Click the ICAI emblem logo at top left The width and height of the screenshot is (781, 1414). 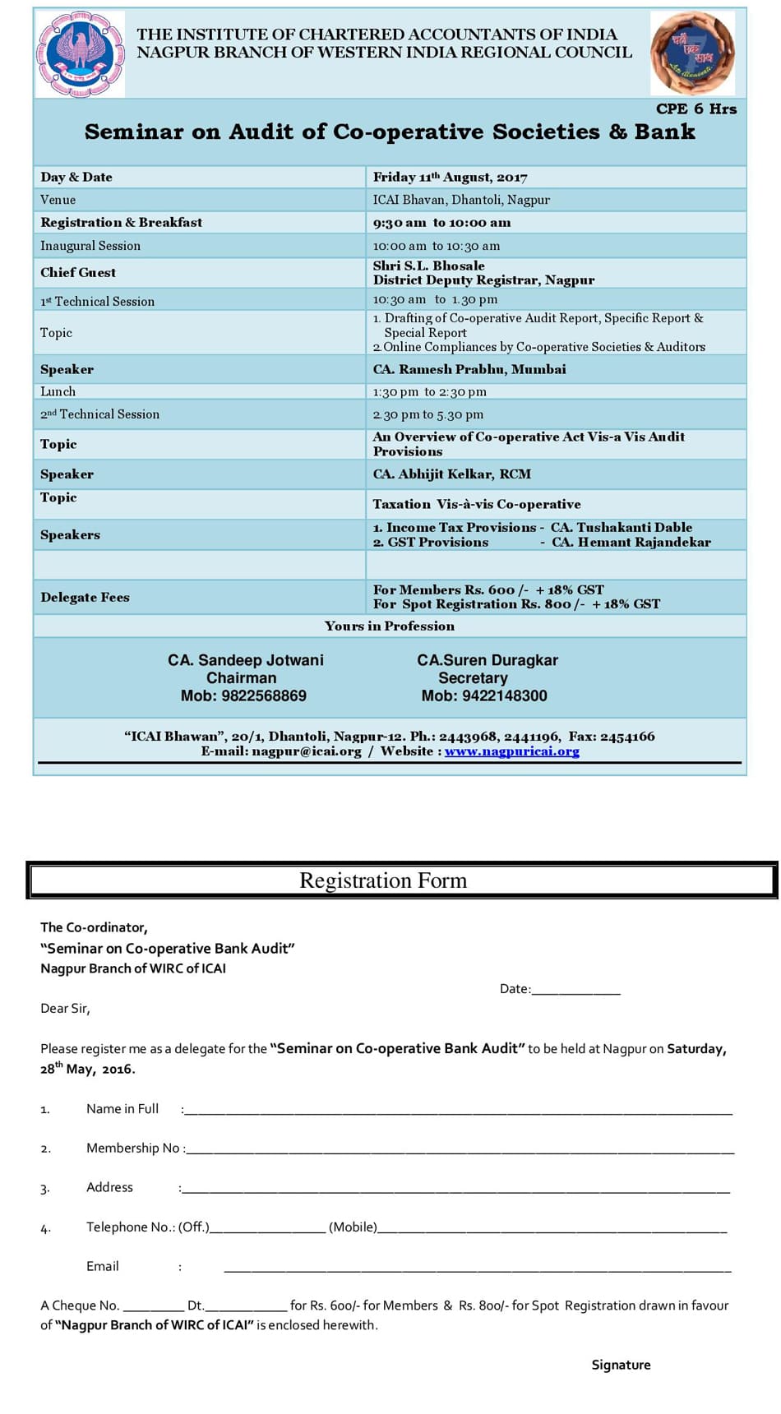pyautogui.click(x=80, y=54)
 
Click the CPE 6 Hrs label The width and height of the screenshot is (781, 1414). pyautogui.click(x=696, y=109)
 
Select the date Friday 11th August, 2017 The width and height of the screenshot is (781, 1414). pyautogui.click(x=450, y=178)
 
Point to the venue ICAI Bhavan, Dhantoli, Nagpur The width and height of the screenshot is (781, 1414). pyautogui.click(x=461, y=200)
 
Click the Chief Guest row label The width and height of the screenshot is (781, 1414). pyautogui.click(x=78, y=273)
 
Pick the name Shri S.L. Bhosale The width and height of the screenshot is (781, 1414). pyautogui.click(x=428, y=266)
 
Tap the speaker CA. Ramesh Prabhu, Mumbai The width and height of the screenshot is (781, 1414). pyautogui.click(x=469, y=370)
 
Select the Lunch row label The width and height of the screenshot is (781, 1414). pyautogui.click(x=58, y=392)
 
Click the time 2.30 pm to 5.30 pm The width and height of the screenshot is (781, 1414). pyautogui.click(x=427, y=415)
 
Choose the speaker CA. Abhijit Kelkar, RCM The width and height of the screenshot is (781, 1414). pyautogui.click(x=451, y=474)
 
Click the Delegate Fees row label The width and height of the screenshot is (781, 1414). pyautogui.click(x=85, y=598)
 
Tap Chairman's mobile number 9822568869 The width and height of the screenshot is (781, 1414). pyautogui.click(x=243, y=696)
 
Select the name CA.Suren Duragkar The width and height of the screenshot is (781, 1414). pyautogui.click(x=487, y=660)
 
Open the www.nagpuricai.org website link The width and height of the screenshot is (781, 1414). pyautogui.click(x=511, y=751)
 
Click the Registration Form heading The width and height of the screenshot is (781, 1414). pyautogui.click(x=383, y=880)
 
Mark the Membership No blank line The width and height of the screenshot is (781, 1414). pyautogui.click(x=460, y=1149)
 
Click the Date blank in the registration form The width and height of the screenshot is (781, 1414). pyautogui.click(x=575, y=990)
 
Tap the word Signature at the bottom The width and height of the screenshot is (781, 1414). pyautogui.click(x=621, y=1365)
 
